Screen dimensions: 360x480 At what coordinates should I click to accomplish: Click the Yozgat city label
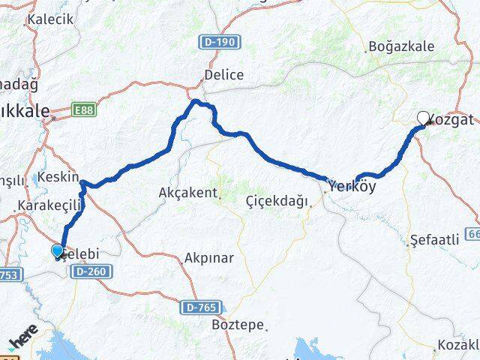coord(452,119)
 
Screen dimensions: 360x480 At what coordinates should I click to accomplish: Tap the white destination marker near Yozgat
coord(424,118)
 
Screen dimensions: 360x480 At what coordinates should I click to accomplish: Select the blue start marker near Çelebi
coord(58,251)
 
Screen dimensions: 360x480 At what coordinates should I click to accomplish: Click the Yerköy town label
coord(349,185)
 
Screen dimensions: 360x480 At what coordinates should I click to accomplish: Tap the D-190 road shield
coord(220,42)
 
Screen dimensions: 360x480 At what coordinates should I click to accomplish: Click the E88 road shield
coord(84,110)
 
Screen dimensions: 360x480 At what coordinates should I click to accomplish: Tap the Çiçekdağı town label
coord(277,201)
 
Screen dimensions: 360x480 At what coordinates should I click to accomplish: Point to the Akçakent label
coord(187,193)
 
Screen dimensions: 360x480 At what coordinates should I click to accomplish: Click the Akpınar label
coord(210,258)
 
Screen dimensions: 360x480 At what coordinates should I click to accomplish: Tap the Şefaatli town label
coord(435,240)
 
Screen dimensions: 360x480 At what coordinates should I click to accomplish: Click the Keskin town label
coord(61,177)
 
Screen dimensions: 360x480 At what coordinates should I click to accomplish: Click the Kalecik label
coord(50,19)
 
